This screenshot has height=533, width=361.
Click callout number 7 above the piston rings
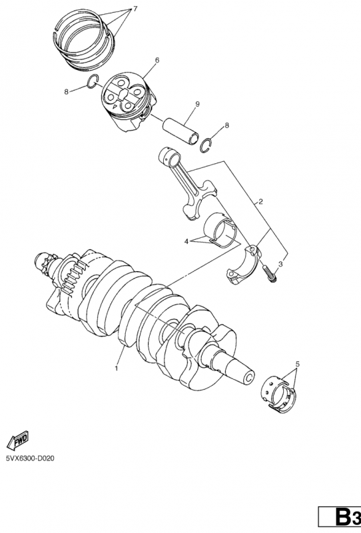click(x=135, y=9)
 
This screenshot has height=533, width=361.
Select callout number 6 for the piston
click(x=157, y=60)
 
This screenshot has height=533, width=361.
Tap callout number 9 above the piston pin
click(x=197, y=104)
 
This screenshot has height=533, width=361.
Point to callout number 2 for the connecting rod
click(x=260, y=202)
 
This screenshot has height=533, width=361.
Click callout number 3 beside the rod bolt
click(x=280, y=263)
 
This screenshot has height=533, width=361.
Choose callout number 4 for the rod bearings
click(x=186, y=241)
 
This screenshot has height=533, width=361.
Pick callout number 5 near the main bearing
click(x=298, y=364)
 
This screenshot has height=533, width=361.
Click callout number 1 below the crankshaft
click(x=117, y=368)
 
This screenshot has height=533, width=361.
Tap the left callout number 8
click(x=67, y=91)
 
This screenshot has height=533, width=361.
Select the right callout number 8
click(x=226, y=125)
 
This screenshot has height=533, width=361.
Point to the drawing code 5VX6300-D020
click(x=29, y=458)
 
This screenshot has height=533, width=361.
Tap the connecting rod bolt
click(x=270, y=274)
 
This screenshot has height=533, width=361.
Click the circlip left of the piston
click(x=93, y=82)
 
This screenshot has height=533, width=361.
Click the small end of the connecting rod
click(x=170, y=156)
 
